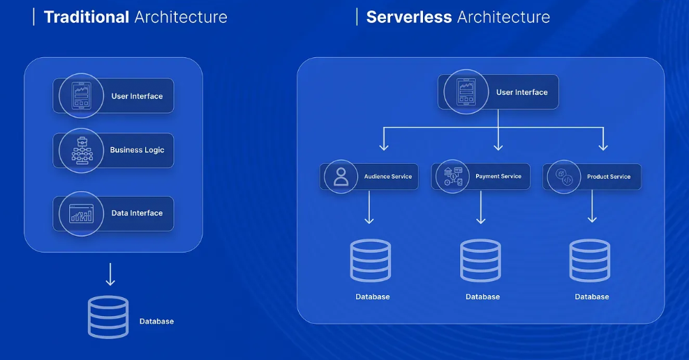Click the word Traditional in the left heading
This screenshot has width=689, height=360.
86,17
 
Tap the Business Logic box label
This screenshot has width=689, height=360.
137,150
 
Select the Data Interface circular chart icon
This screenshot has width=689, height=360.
81,213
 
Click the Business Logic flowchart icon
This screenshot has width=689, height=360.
81,150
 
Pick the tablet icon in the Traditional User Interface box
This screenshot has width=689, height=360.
81,96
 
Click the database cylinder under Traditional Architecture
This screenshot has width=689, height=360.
108,317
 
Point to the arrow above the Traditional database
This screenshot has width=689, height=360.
110,274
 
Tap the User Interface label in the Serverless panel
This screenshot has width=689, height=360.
521,92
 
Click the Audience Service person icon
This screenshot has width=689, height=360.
341,177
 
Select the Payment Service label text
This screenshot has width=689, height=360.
498,177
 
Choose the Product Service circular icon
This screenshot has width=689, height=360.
564,177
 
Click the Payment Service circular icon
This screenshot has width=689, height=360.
453,177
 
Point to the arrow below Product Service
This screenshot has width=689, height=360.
592,207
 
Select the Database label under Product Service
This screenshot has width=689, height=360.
592,297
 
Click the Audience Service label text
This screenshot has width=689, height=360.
388,177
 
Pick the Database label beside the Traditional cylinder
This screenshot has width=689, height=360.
156,322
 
